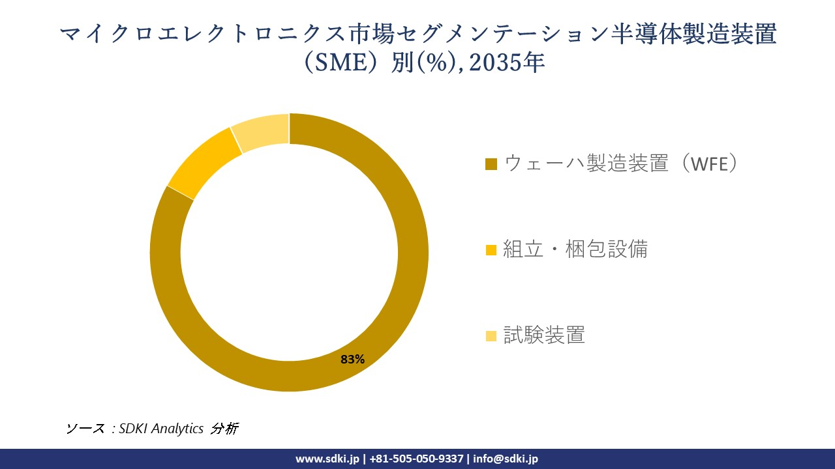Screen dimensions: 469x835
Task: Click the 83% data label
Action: tap(352, 359)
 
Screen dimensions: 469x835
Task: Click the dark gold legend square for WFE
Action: tap(492, 164)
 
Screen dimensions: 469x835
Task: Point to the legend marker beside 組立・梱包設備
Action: tap(492, 249)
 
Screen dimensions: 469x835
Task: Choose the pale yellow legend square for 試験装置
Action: tap(492, 335)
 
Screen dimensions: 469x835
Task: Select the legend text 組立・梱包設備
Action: tap(575, 249)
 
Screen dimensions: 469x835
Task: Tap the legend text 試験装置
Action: tap(544, 335)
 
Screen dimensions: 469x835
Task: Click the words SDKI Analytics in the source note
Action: tap(161, 429)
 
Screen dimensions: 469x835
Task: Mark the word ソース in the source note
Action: tap(85, 429)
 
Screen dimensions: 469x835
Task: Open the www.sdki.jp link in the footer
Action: tap(327, 459)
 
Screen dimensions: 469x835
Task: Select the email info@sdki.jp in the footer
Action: tap(506, 459)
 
